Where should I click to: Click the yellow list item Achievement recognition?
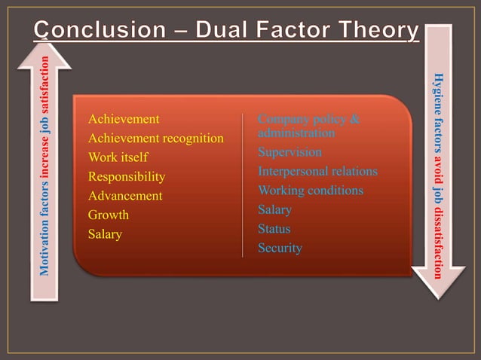[156, 139]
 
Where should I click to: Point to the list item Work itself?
[118, 157]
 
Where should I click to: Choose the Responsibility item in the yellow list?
[126, 177]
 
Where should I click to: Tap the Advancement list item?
[125, 196]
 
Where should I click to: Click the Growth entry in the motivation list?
[109, 215]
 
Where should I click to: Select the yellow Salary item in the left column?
[105, 234]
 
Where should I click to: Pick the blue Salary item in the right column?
[274, 209]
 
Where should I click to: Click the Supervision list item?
[290, 152]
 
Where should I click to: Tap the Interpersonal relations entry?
[317, 172]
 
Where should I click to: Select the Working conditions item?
[311, 191]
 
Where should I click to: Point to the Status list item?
[274, 229]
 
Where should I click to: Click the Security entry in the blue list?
[280, 248]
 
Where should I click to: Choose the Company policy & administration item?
[308, 126]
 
